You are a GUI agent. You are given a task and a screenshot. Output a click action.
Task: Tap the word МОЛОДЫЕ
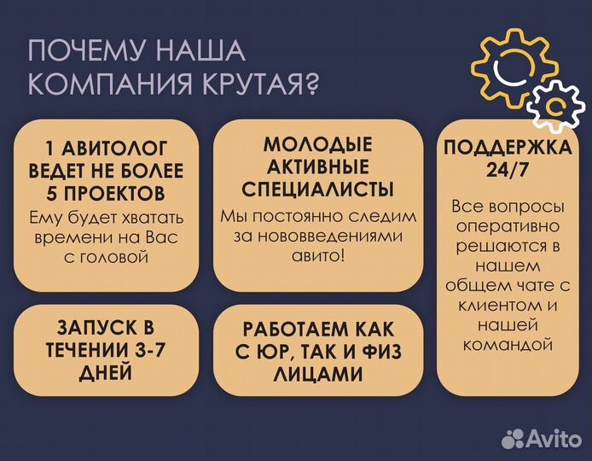(317, 143)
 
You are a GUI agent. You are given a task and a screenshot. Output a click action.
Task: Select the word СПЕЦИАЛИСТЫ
(317, 189)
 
